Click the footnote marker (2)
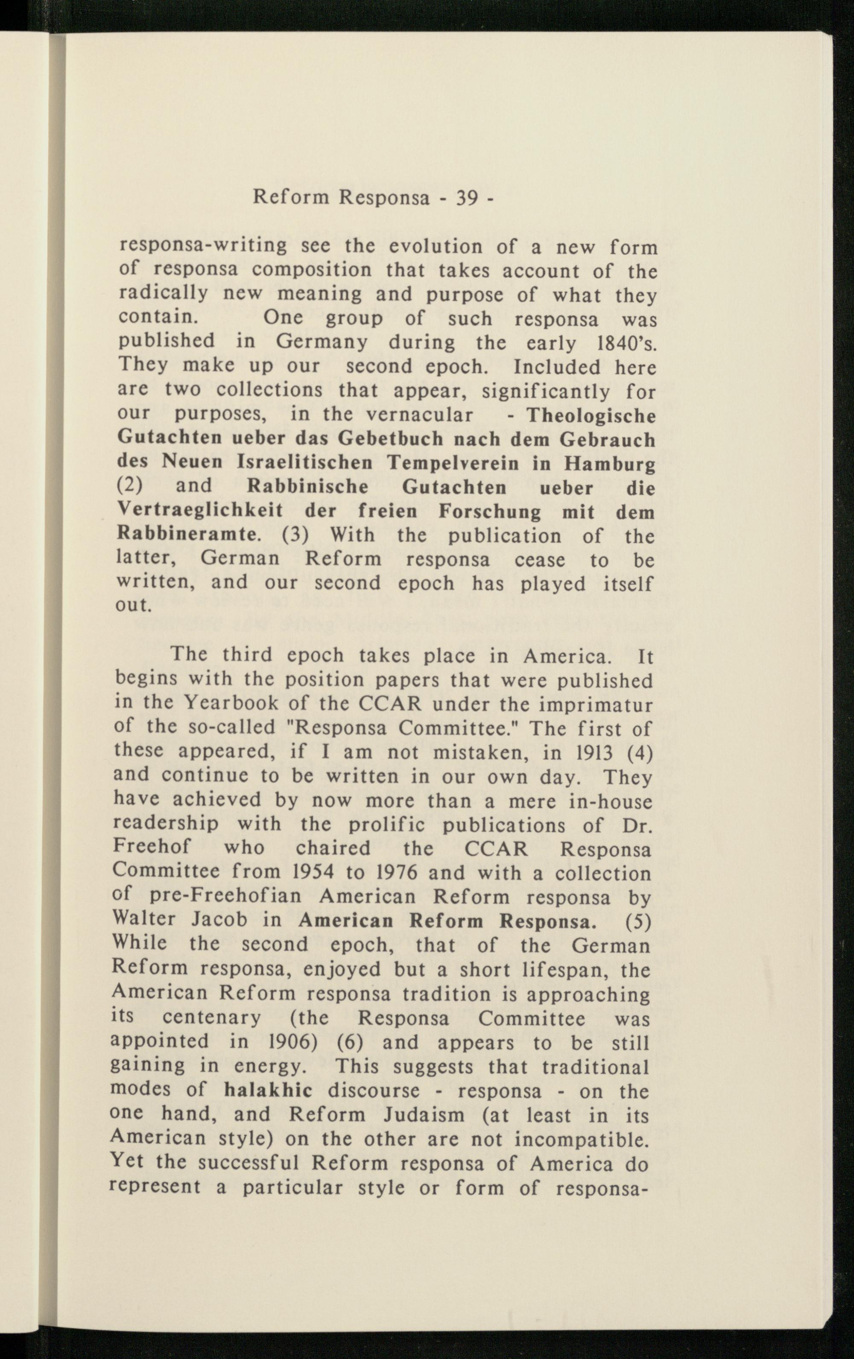coord(130,485)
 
